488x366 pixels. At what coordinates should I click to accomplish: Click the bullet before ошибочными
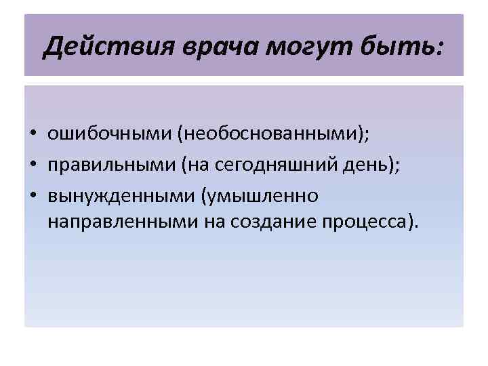33,135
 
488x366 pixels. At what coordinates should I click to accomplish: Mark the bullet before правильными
33,165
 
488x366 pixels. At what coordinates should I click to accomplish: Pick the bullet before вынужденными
33,196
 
